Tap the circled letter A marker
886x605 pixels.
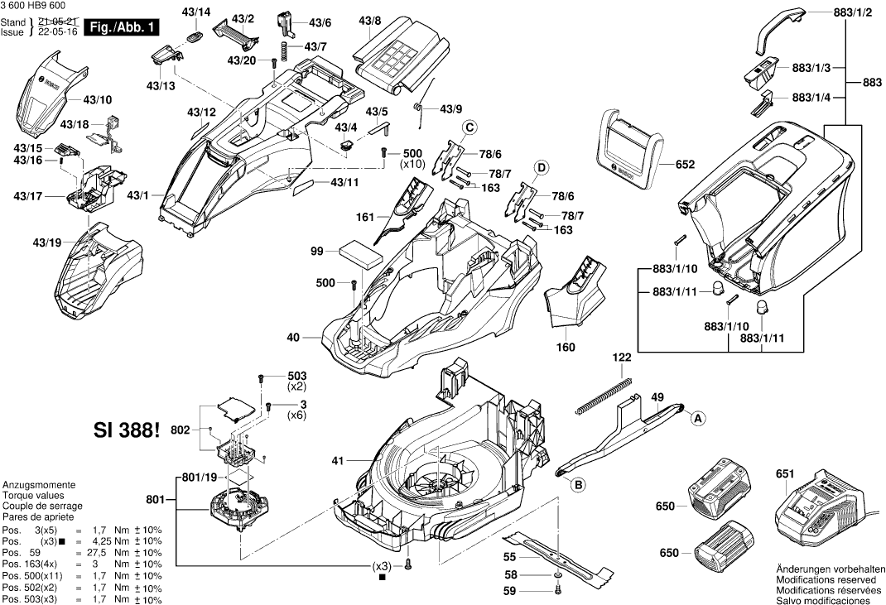(x=698, y=419)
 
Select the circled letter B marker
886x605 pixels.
(x=578, y=485)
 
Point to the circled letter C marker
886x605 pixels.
(x=469, y=127)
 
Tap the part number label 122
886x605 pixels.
(x=622, y=358)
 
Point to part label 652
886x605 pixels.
(x=685, y=165)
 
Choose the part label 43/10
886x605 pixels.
(x=98, y=99)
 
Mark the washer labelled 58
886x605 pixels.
(x=557, y=574)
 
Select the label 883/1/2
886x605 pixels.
(x=852, y=14)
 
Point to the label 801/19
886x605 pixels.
(x=199, y=477)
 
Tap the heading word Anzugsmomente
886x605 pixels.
(x=39, y=485)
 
